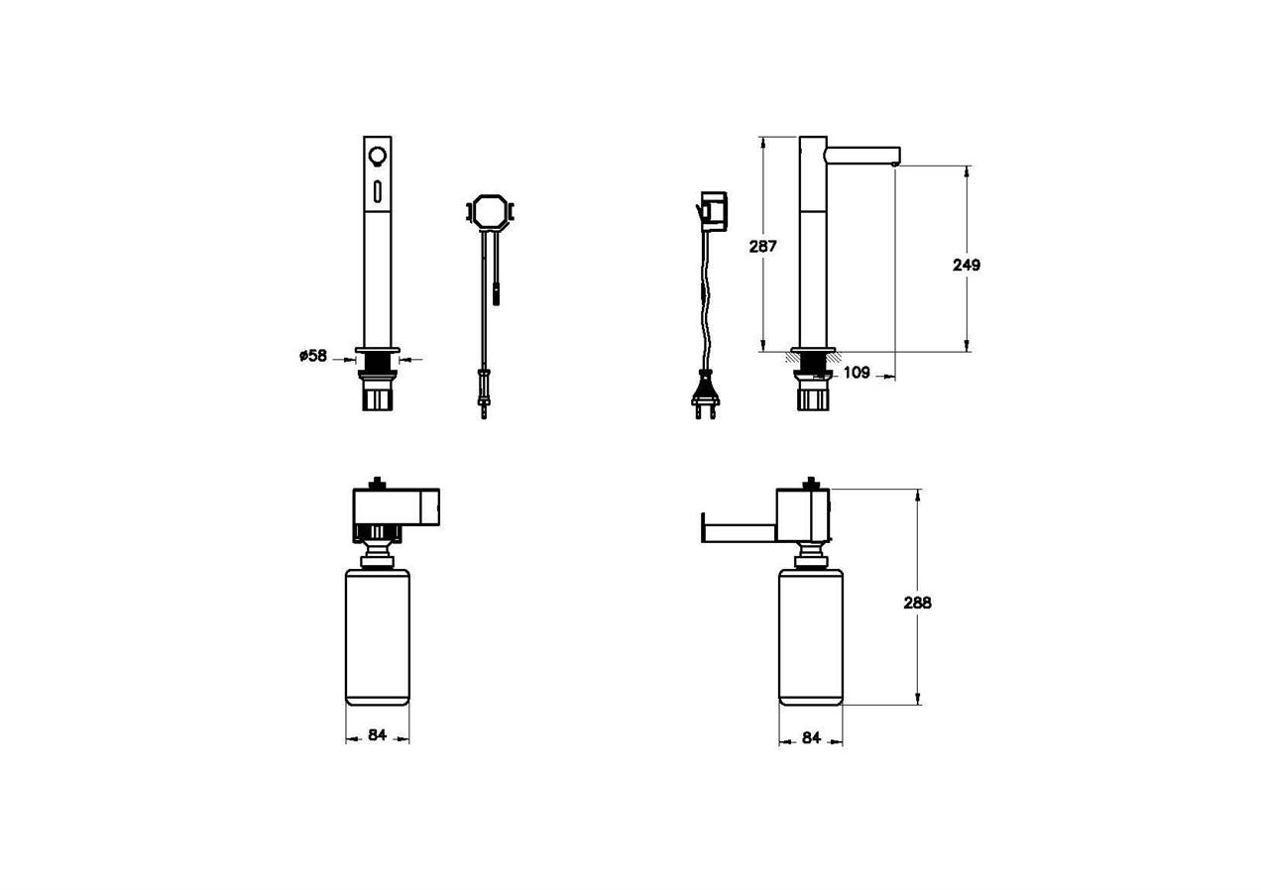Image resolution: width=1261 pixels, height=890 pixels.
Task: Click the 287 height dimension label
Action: [x=762, y=246]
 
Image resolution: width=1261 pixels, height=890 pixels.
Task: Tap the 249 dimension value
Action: [x=967, y=265]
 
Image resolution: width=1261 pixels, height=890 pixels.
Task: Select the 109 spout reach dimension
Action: [x=857, y=373]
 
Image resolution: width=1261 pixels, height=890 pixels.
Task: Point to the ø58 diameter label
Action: [x=313, y=356]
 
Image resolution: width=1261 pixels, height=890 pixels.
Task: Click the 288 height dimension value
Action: [x=918, y=603]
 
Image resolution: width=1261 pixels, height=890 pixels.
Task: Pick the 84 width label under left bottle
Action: [x=377, y=734]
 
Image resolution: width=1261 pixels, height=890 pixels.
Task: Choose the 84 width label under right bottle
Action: [x=811, y=737]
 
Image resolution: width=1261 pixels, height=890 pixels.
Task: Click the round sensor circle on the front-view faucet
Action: [x=377, y=155]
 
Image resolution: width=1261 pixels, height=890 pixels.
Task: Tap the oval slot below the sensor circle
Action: [x=377, y=191]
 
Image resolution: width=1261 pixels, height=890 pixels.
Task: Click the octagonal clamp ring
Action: [x=489, y=211]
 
